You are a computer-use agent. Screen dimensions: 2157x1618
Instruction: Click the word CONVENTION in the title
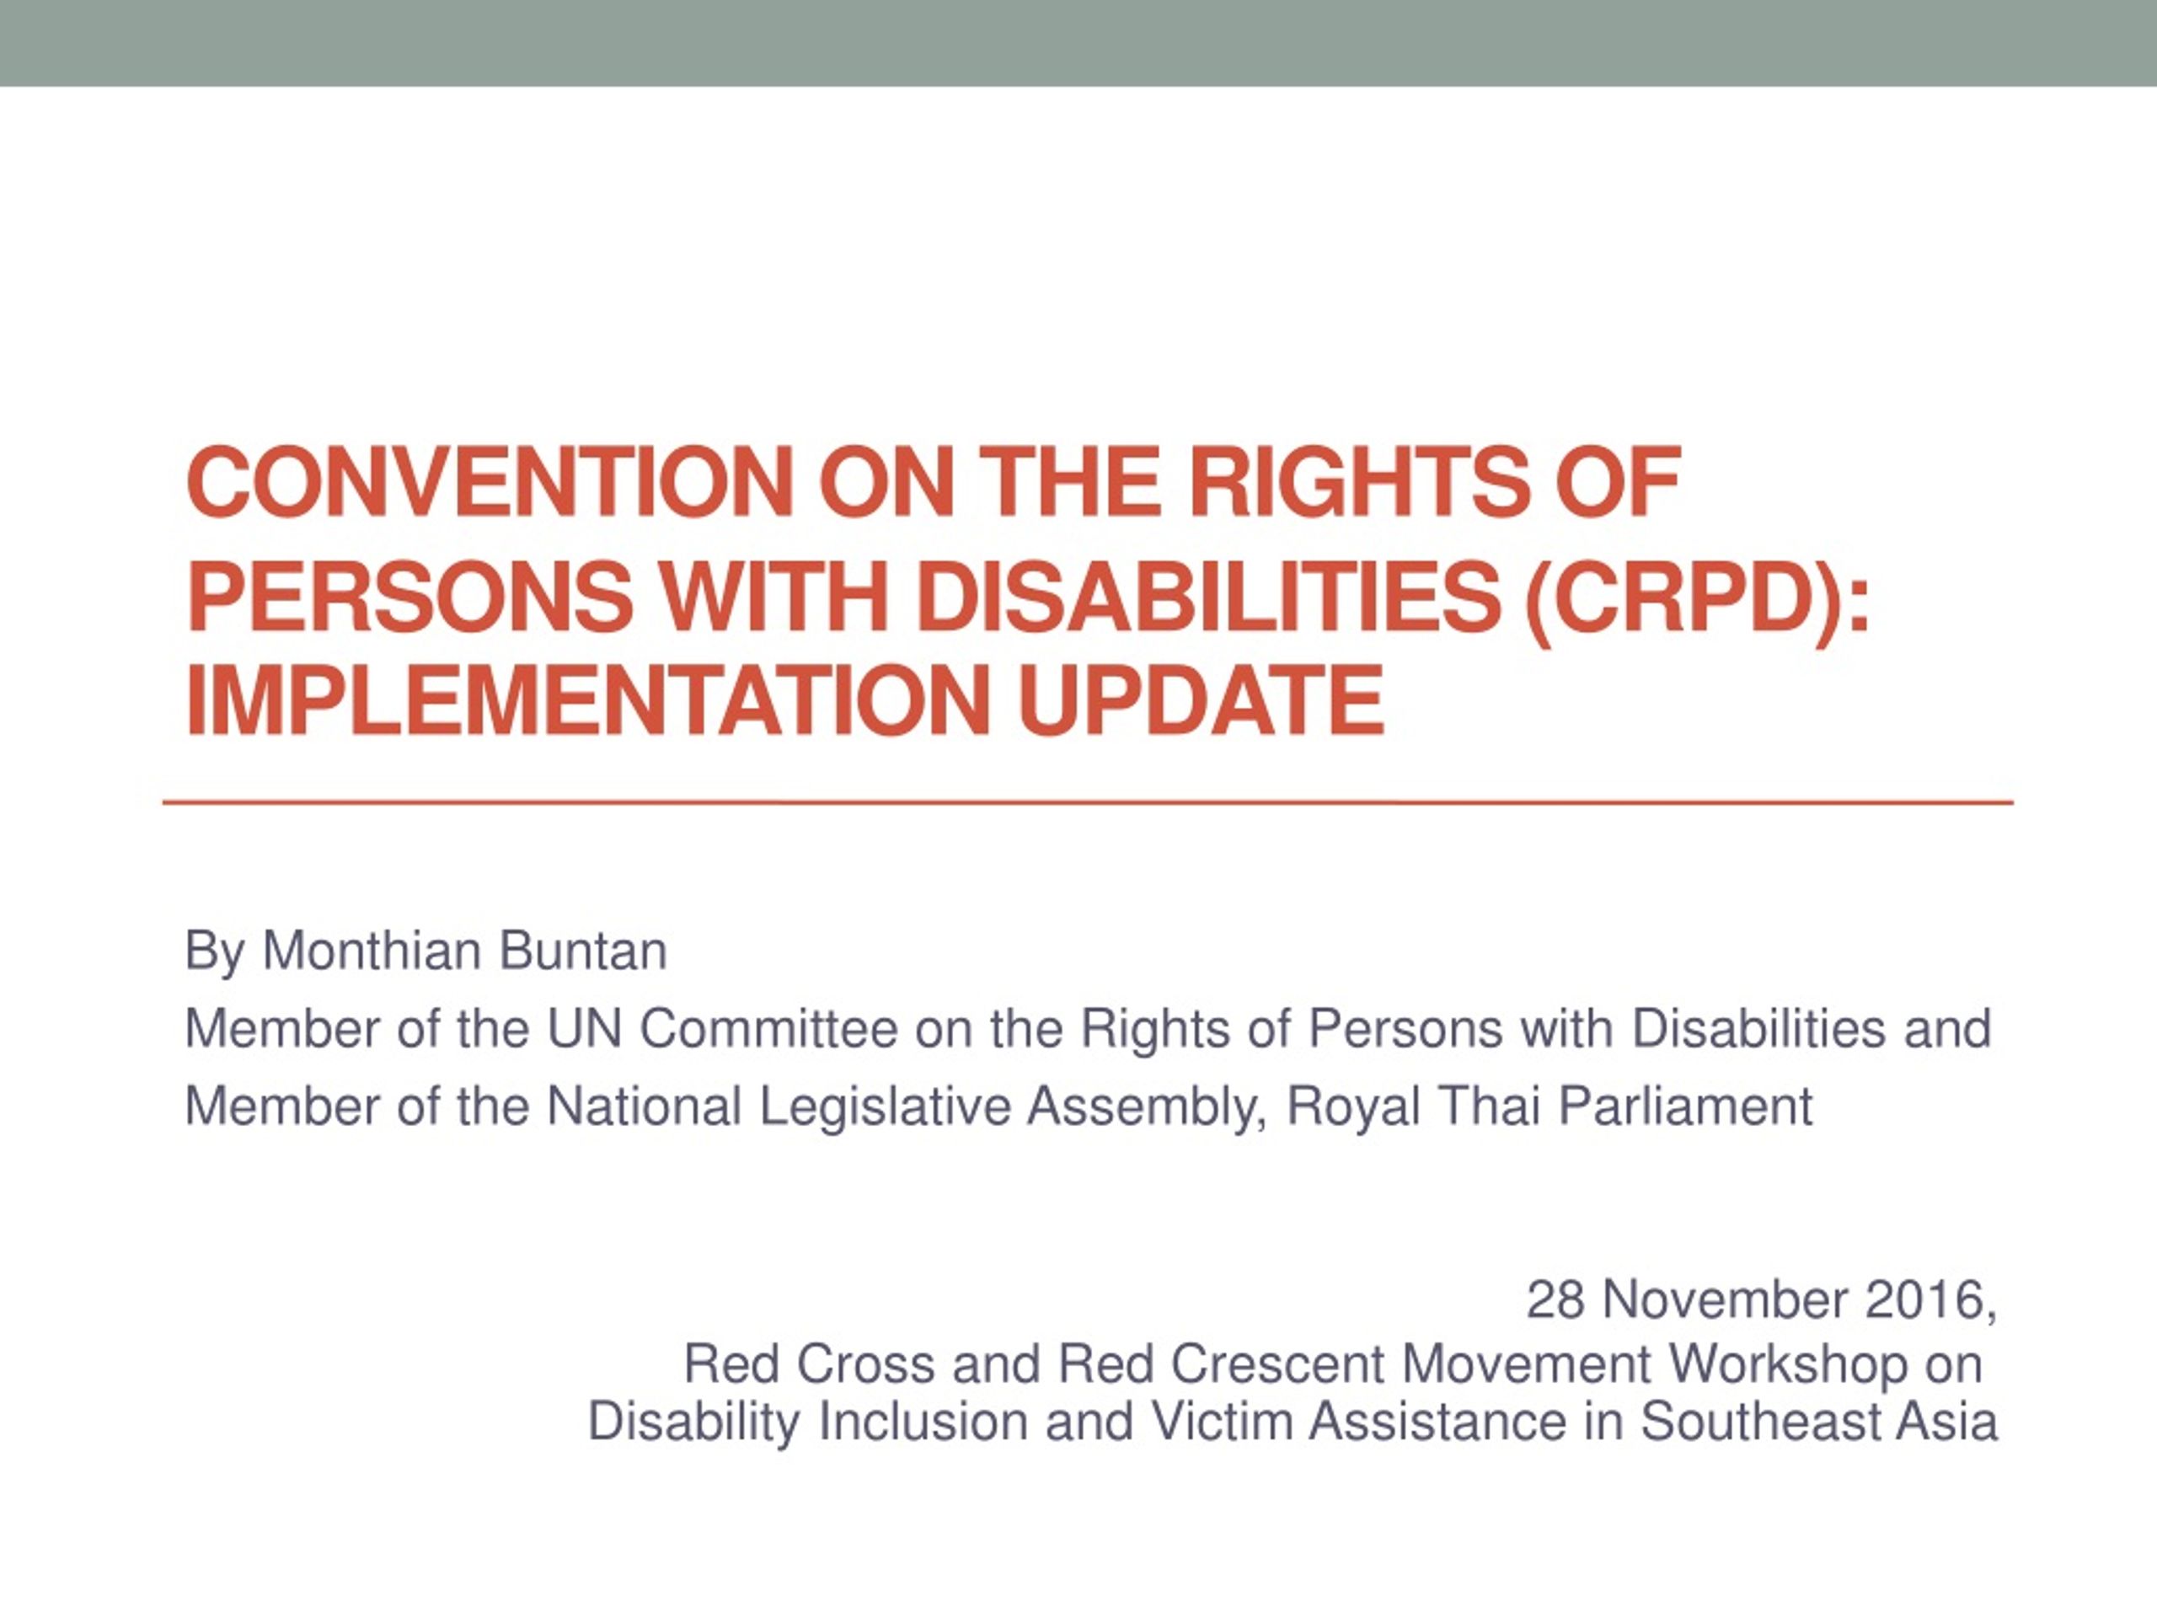[489, 482]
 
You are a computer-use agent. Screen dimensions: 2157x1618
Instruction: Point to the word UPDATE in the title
[1202, 699]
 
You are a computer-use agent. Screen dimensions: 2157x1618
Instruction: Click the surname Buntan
[582, 951]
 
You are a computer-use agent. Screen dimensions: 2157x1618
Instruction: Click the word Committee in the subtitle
[768, 1029]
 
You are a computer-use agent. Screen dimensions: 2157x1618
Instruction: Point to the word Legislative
[885, 1108]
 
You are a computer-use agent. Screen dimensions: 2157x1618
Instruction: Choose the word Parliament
[1685, 1107]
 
